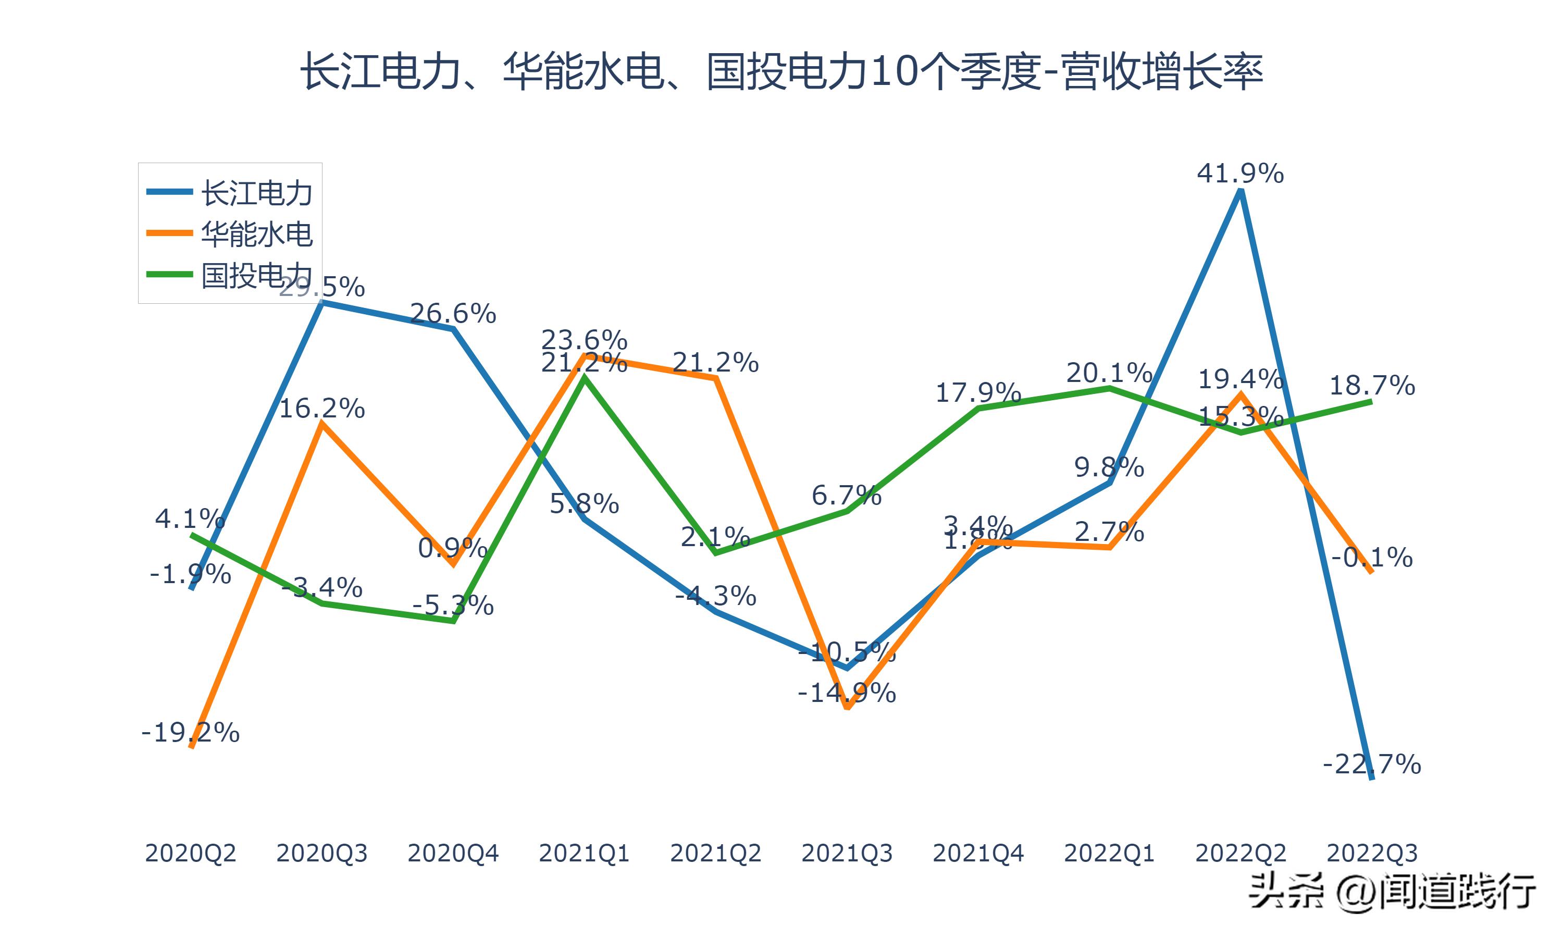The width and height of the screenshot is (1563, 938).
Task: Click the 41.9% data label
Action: coord(1239,173)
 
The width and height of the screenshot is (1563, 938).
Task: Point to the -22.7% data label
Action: coord(1372,765)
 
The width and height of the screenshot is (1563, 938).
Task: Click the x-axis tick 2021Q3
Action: coord(847,853)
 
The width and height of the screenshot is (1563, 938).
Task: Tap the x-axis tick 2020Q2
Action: coord(190,853)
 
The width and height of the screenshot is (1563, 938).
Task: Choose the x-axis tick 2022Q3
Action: coord(1372,853)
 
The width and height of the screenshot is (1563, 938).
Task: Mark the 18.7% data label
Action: coord(1372,386)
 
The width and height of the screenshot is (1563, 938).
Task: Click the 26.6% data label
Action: coord(453,314)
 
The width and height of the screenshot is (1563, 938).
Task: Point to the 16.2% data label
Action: coord(321,409)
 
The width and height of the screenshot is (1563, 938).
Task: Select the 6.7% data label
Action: coord(847,496)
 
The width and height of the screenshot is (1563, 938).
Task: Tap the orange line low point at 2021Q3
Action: coord(847,707)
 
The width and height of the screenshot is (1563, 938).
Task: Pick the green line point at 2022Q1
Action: coord(1109,388)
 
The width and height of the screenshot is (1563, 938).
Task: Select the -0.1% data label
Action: coord(1372,558)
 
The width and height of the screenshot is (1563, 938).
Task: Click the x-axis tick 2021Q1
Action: coord(584,853)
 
